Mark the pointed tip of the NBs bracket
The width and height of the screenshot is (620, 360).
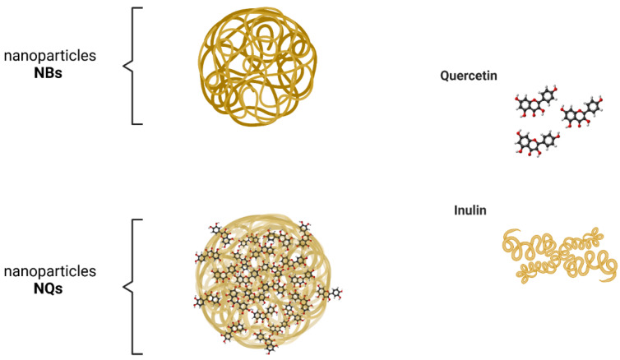pyautogui.click(x=123, y=65)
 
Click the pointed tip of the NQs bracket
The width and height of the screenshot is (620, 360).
pyautogui.click(x=123, y=286)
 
